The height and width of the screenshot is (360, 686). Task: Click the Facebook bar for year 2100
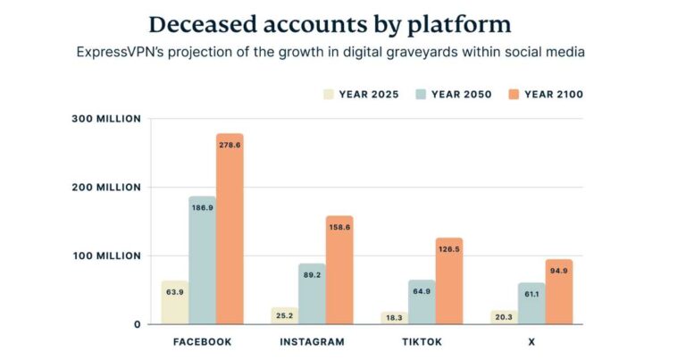(230, 229)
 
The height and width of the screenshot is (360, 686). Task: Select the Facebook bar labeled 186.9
(202, 259)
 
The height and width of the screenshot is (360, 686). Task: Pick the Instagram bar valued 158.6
(339, 269)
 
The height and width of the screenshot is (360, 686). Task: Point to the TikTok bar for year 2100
(449, 280)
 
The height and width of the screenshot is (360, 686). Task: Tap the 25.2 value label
(285, 315)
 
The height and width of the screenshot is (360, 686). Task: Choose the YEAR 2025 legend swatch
(328, 94)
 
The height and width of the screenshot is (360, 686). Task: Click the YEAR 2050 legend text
(461, 94)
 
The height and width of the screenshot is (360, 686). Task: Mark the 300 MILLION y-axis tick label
(106, 119)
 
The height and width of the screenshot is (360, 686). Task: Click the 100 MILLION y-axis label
(106, 255)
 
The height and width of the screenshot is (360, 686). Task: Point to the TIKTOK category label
(422, 342)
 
